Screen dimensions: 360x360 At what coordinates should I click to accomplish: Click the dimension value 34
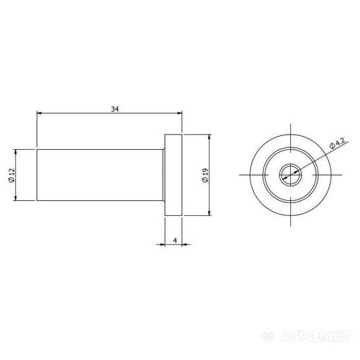pos(114,109)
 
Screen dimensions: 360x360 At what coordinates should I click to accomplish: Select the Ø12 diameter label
pos(12,175)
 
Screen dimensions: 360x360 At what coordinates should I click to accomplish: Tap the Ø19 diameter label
pos(205,175)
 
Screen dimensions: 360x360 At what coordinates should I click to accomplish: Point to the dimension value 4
pos(175,240)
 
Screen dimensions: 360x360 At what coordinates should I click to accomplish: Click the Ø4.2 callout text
pos(338,143)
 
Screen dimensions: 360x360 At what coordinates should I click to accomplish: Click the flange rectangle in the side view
pos(174,175)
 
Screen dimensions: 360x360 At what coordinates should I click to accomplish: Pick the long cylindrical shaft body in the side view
pos(100,175)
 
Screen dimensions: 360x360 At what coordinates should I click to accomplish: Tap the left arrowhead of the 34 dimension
pos(39,112)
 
